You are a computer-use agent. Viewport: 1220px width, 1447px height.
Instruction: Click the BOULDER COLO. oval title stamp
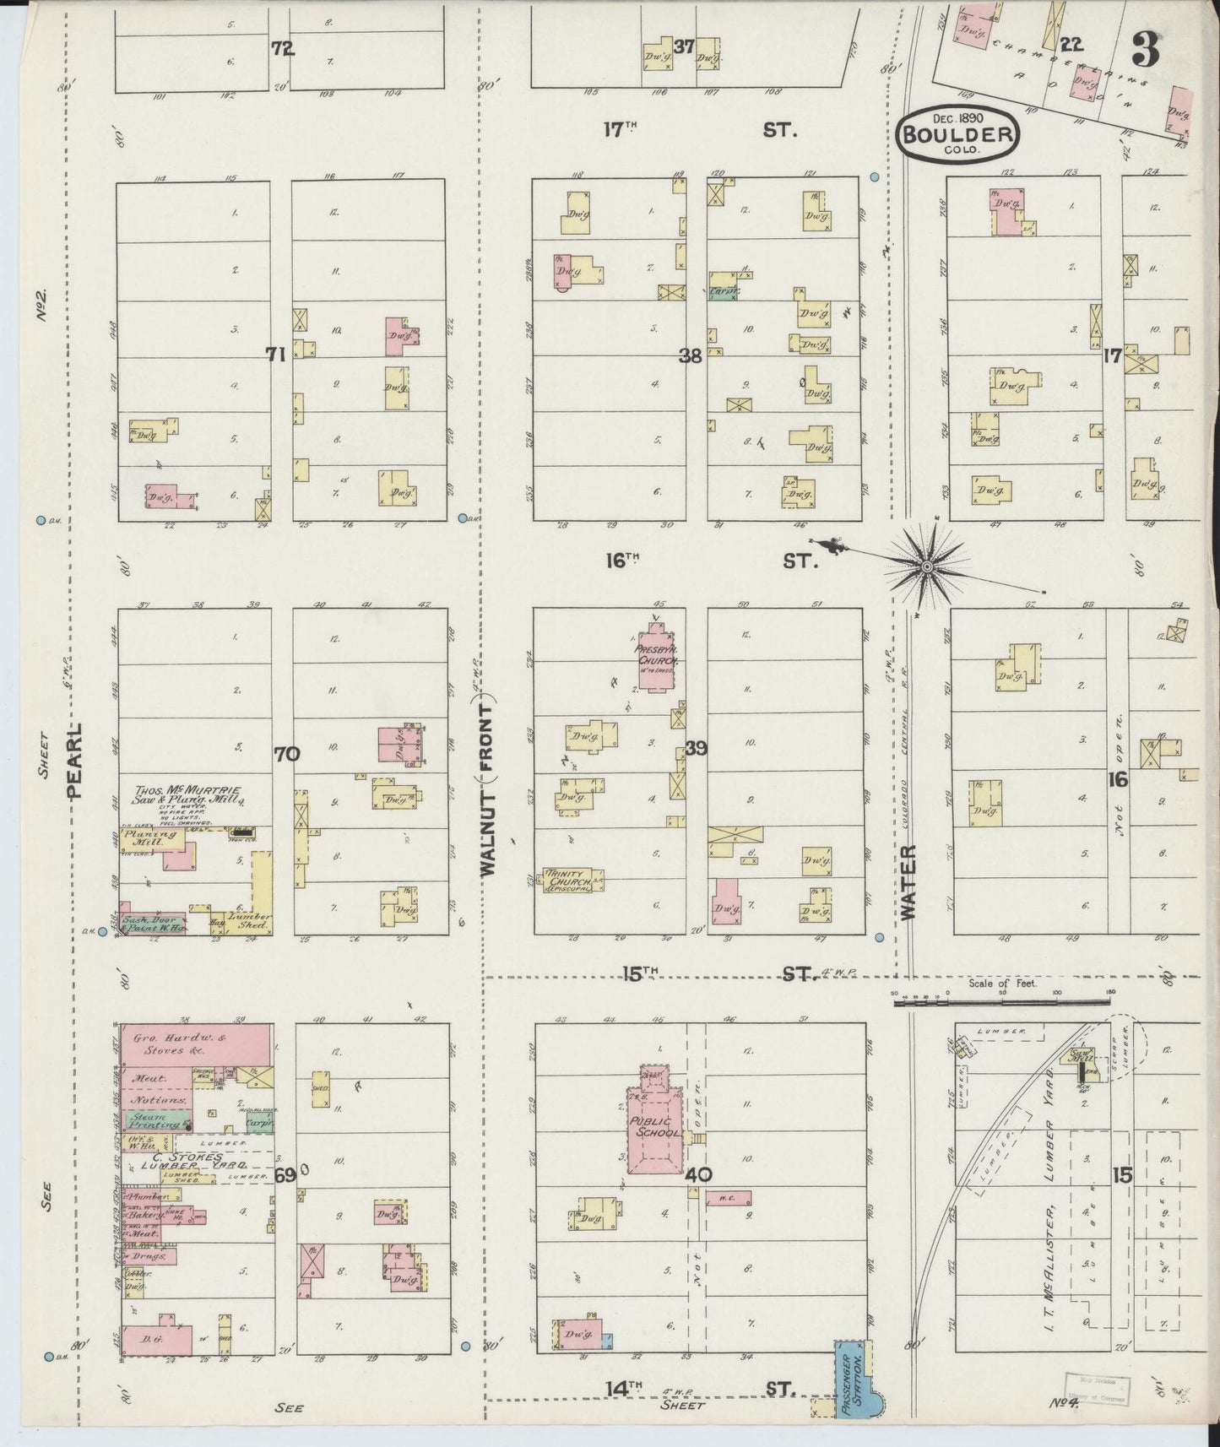[x=957, y=133]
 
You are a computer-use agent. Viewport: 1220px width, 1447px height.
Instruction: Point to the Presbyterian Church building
[x=656, y=657]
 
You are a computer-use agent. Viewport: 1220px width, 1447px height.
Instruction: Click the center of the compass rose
[x=927, y=566]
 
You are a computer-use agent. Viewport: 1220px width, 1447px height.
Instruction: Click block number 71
[x=275, y=355]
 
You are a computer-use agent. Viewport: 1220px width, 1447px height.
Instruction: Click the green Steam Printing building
[x=156, y=1121]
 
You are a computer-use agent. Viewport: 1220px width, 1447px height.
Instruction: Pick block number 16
[x=1118, y=780]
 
